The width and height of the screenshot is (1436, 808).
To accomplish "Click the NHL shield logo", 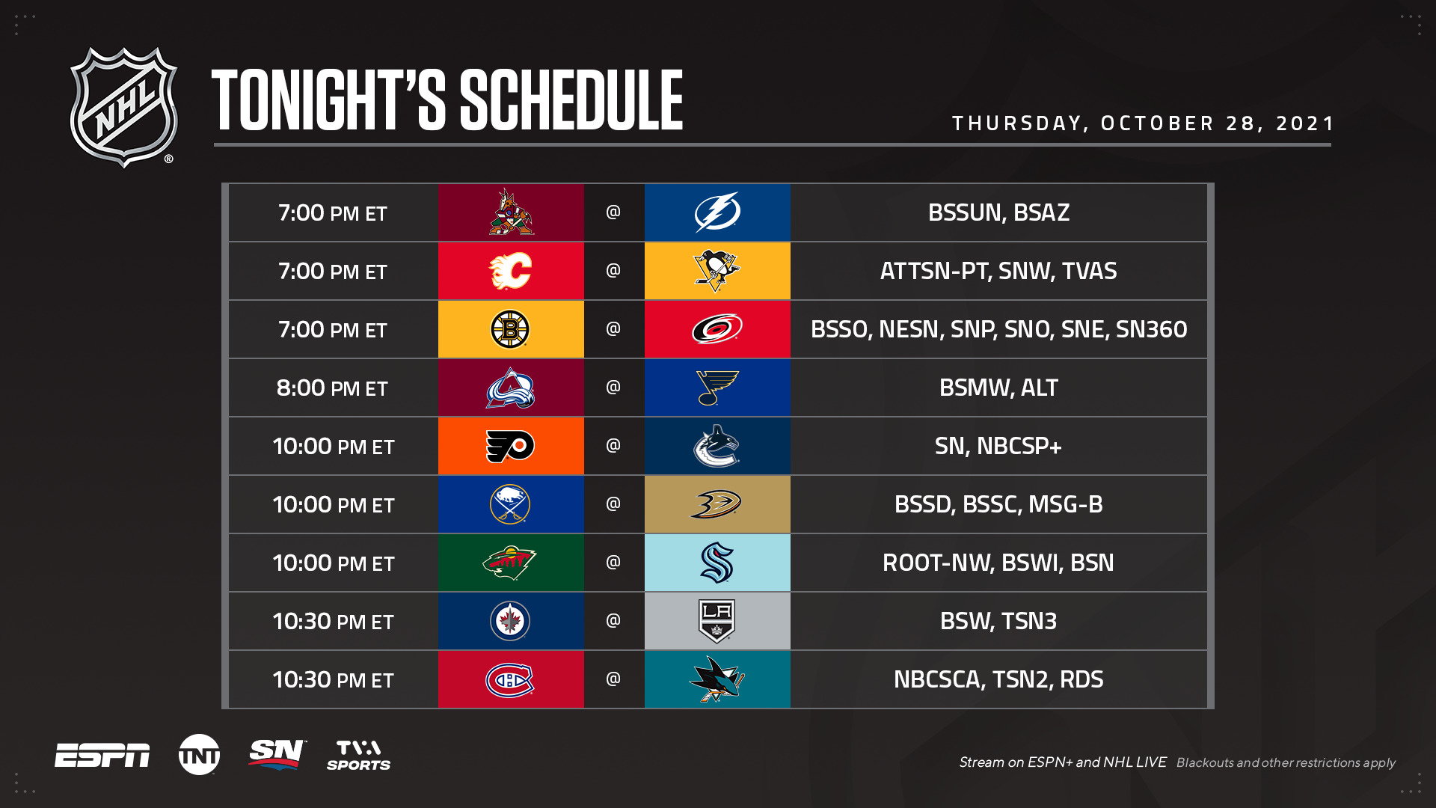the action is [x=124, y=107].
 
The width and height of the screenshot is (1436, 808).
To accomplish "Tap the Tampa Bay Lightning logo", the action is [x=717, y=212].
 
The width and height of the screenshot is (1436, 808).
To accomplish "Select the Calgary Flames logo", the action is [x=510, y=271].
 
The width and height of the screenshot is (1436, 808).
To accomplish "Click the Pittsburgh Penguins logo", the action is [x=717, y=271].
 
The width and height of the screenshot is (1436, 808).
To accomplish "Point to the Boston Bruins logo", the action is [x=510, y=329].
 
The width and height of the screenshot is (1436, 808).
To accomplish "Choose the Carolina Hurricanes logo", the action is [x=717, y=329].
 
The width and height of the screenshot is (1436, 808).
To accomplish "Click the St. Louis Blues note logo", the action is [x=717, y=388].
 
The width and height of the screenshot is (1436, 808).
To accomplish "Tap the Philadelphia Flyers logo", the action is [x=510, y=447].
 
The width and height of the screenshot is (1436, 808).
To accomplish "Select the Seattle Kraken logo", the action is [x=717, y=563].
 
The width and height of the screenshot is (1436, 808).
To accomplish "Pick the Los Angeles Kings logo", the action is [x=717, y=621].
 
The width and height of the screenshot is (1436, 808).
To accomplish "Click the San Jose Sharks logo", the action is [x=717, y=679].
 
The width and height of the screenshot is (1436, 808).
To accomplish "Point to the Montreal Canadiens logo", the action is [x=510, y=680].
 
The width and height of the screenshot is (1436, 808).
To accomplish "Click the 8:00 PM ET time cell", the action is [x=333, y=388].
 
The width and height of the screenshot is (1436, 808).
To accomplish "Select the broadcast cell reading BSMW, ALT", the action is [x=998, y=388].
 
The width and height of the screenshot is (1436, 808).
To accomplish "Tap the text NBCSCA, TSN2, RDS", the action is [x=998, y=679].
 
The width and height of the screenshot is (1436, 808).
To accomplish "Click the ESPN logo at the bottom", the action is [x=102, y=755].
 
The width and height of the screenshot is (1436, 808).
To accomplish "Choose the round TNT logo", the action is [x=199, y=754].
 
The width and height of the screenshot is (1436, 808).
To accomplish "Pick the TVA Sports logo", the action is [x=358, y=755].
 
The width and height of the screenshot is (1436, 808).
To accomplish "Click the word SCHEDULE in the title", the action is [x=571, y=100].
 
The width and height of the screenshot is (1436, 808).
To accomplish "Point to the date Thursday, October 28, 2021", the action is [x=1143, y=123].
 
